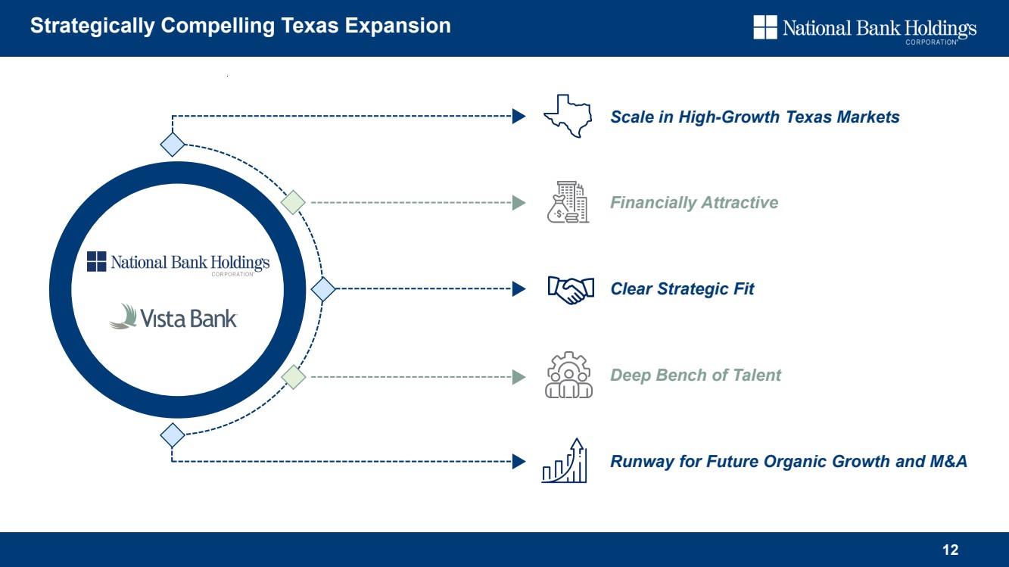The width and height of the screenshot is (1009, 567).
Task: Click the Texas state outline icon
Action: [568, 116]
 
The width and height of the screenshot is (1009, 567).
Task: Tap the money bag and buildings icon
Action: [568, 202]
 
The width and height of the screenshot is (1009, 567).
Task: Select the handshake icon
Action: [571, 289]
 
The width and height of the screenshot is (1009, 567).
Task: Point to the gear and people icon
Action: [568, 375]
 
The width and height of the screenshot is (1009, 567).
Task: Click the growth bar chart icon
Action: [564, 460]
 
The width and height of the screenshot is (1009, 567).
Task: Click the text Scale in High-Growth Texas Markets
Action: [755, 117]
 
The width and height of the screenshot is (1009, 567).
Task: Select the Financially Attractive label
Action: [694, 203]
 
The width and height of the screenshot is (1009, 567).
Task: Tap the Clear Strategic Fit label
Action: [682, 288]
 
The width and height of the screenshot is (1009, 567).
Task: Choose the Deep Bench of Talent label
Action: [696, 375]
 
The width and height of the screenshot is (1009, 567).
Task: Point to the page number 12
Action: [951, 550]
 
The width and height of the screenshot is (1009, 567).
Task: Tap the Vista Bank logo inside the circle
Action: [173, 316]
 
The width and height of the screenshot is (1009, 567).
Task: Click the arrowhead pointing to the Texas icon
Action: [519, 116]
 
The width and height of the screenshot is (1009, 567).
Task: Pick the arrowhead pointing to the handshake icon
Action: [519, 288]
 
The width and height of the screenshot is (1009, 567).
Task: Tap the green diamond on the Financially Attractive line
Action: [293, 202]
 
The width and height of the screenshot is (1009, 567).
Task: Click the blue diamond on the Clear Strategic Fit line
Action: [323, 289]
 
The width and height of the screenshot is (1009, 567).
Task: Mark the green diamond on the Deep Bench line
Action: [293, 377]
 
